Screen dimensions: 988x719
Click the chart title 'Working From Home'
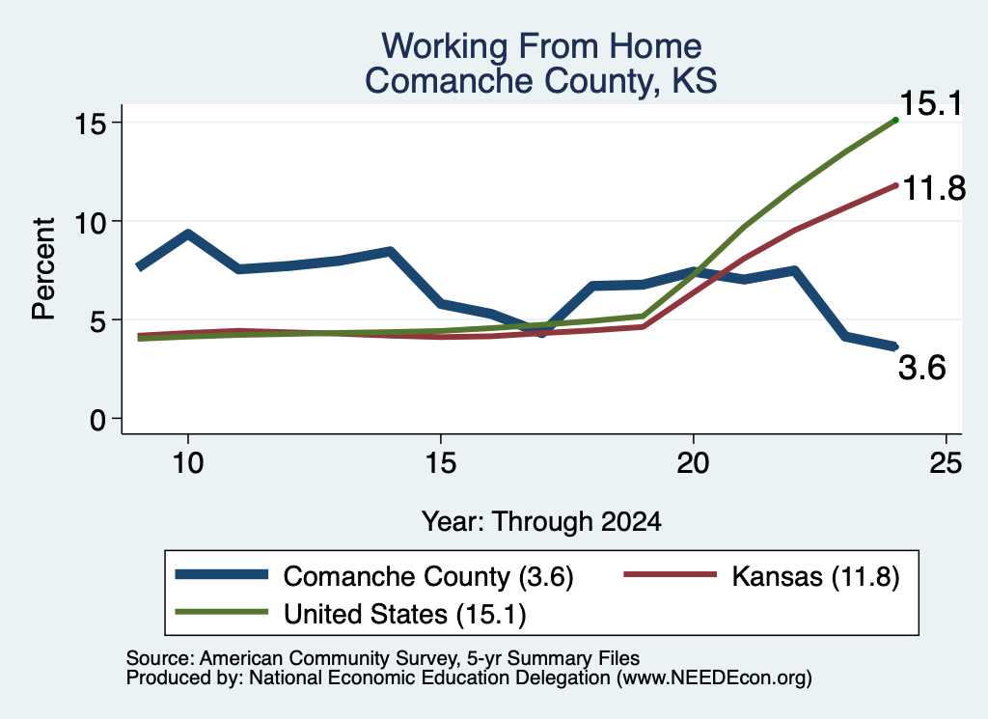(x=541, y=46)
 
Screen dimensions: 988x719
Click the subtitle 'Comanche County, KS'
(x=541, y=81)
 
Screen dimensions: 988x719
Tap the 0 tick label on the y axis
(x=98, y=420)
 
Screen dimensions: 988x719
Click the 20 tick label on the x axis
(x=693, y=464)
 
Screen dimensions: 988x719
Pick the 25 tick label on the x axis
(x=946, y=464)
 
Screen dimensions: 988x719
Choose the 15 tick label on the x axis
(x=440, y=464)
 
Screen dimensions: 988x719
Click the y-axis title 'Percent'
(x=43, y=269)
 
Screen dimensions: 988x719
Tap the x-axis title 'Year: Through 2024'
(x=541, y=522)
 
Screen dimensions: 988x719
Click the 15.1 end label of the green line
(x=931, y=103)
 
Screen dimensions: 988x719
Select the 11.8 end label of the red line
(x=934, y=188)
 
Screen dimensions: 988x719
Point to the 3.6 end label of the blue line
(x=921, y=368)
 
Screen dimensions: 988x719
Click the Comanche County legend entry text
(x=428, y=576)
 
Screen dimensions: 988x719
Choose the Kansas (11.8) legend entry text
(x=815, y=576)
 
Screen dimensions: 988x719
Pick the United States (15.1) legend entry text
(x=404, y=615)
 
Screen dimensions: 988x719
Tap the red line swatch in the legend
(x=670, y=574)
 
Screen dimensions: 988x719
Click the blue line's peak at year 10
(x=188, y=235)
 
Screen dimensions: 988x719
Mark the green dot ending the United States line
(x=895, y=120)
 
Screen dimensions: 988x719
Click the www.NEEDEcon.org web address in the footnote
(x=714, y=678)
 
